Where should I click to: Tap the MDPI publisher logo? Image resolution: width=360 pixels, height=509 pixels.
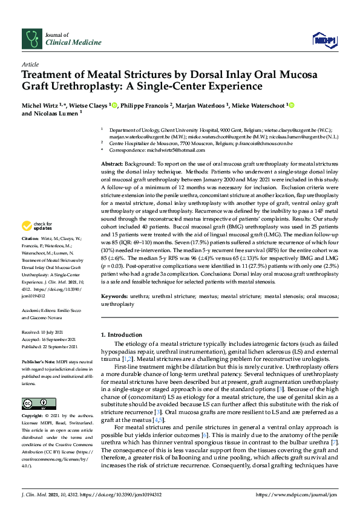click(x=323, y=41)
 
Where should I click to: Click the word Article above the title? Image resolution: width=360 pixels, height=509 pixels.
click(x=30, y=64)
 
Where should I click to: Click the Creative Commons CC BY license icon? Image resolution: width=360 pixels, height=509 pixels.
click(x=31, y=403)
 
